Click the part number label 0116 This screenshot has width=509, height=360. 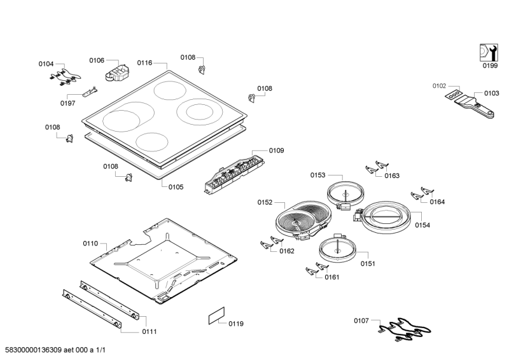coord(144,63)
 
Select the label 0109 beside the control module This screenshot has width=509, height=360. coord(276,151)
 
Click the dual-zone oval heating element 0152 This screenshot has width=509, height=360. coord(303,219)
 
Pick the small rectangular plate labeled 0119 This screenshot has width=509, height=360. coord(217,318)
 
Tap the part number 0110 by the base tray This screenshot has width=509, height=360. coord(90,244)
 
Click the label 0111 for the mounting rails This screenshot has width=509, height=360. coord(150,332)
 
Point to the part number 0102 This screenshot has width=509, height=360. coord(440,85)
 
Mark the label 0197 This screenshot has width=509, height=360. coord(68,103)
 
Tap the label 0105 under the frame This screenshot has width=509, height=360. coord(176,187)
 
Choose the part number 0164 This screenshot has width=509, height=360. coord(437,202)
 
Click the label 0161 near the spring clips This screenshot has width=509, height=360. coord(332,277)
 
